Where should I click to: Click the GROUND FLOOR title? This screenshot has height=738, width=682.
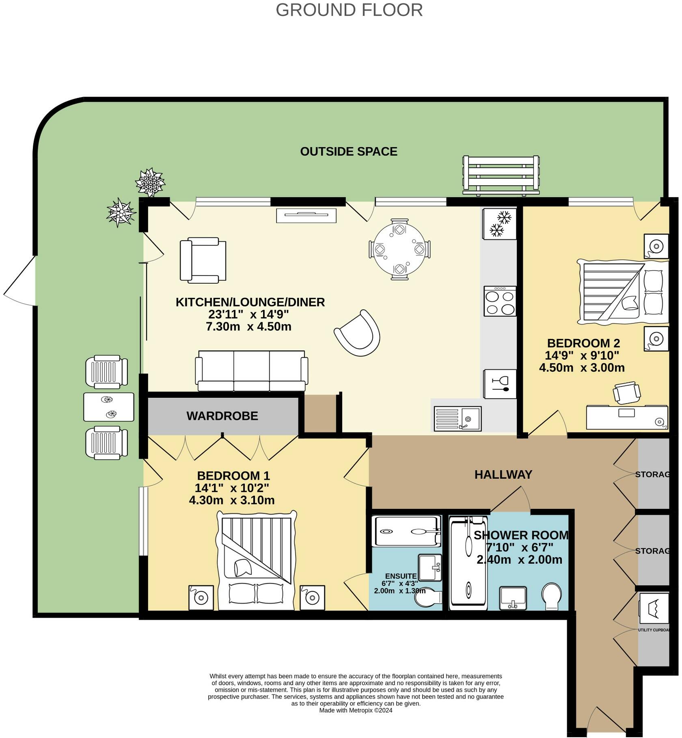[x=349, y=10]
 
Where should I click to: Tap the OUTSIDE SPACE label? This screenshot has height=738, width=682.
[x=348, y=152]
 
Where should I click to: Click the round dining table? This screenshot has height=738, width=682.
[x=400, y=249]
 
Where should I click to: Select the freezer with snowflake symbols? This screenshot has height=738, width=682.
[x=499, y=224]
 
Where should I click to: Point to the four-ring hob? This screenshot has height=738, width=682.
[x=500, y=301]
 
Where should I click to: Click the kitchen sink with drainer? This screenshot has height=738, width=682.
[x=458, y=418]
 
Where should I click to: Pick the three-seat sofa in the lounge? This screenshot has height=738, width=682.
[x=251, y=371]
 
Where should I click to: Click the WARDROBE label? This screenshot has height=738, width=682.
[x=222, y=416]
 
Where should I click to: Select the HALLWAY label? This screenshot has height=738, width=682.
[x=503, y=474]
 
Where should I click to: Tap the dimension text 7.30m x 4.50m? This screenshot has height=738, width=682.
[x=248, y=327]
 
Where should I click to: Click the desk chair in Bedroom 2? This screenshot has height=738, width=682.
[x=626, y=393]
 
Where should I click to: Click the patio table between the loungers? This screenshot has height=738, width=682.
[x=108, y=407]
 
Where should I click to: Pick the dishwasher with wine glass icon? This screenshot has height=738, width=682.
[x=500, y=384]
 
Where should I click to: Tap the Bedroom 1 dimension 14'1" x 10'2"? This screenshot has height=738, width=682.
[x=232, y=488]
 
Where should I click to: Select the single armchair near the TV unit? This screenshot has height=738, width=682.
[x=203, y=260]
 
